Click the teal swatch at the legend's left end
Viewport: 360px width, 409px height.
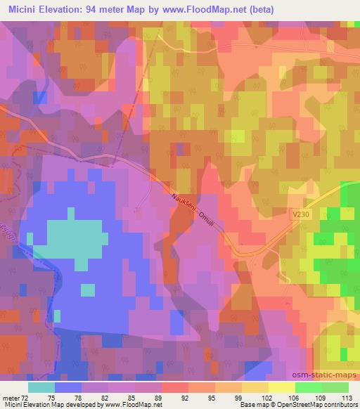click(x=41, y=387)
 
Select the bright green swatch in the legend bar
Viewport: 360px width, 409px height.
click(x=308, y=387)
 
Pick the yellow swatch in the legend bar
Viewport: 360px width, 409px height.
click(x=281, y=387)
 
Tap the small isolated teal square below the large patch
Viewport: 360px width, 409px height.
click(x=88, y=290)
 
